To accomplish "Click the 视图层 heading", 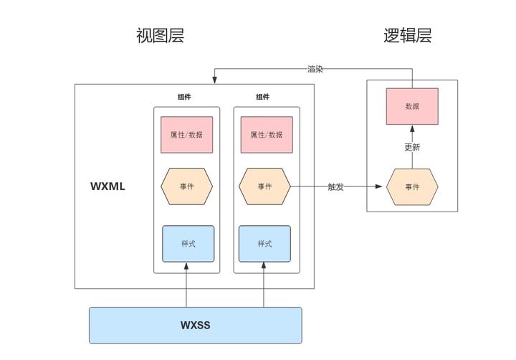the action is (161, 36).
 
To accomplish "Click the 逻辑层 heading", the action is (408, 36).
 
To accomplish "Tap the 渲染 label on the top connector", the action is (315, 69).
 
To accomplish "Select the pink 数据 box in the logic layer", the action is (412, 106).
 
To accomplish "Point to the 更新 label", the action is (412, 147).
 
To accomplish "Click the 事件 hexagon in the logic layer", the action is (412, 186).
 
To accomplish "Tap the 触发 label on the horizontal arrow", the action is (335, 186).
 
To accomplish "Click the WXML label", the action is (107, 186).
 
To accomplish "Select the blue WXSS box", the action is (196, 326).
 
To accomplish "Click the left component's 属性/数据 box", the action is (186, 134).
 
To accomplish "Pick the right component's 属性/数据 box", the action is (267, 134).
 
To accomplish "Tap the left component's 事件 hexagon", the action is (186, 186).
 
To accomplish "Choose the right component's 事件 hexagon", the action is (264, 186).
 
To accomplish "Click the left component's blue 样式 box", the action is (188, 244).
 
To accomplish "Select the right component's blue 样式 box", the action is (264, 244).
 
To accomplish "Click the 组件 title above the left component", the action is (184, 97).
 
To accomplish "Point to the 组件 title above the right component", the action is (262, 97).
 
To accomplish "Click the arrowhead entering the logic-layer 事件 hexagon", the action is (379, 186).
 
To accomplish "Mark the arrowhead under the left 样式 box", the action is (186, 266).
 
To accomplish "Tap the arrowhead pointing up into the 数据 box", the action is (412, 128).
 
